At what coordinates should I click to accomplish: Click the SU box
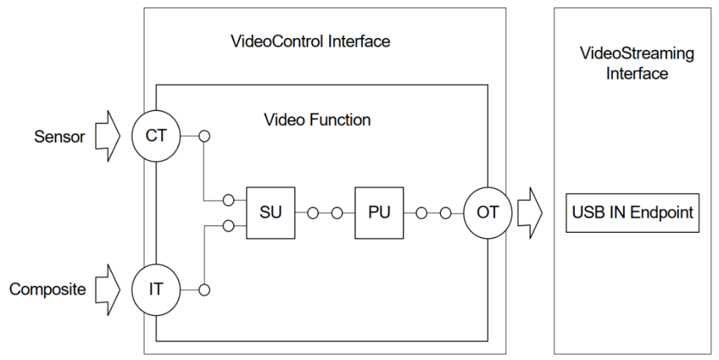click(270, 213)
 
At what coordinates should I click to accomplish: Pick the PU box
click(379, 213)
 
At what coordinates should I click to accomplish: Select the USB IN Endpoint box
click(633, 213)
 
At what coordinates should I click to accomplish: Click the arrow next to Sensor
click(107, 136)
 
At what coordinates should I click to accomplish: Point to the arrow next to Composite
click(107, 289)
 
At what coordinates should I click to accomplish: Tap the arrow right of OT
click(530, 213)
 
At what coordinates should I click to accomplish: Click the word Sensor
click(60, 136)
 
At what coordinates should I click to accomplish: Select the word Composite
click(47, 289)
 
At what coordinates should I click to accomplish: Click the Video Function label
click(317, 120)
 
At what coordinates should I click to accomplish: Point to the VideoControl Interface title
click(310, 41)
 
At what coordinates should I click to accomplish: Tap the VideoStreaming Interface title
click(637, 63)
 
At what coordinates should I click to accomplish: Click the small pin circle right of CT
click(204, 136)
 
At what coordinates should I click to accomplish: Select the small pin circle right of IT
click(204, 290)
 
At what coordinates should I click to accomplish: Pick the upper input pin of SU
click(228, 200)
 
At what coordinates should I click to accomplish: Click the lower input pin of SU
click(228, 226)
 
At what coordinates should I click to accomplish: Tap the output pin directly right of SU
click(312, 213)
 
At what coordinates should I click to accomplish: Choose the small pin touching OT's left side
click(445, 213)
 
